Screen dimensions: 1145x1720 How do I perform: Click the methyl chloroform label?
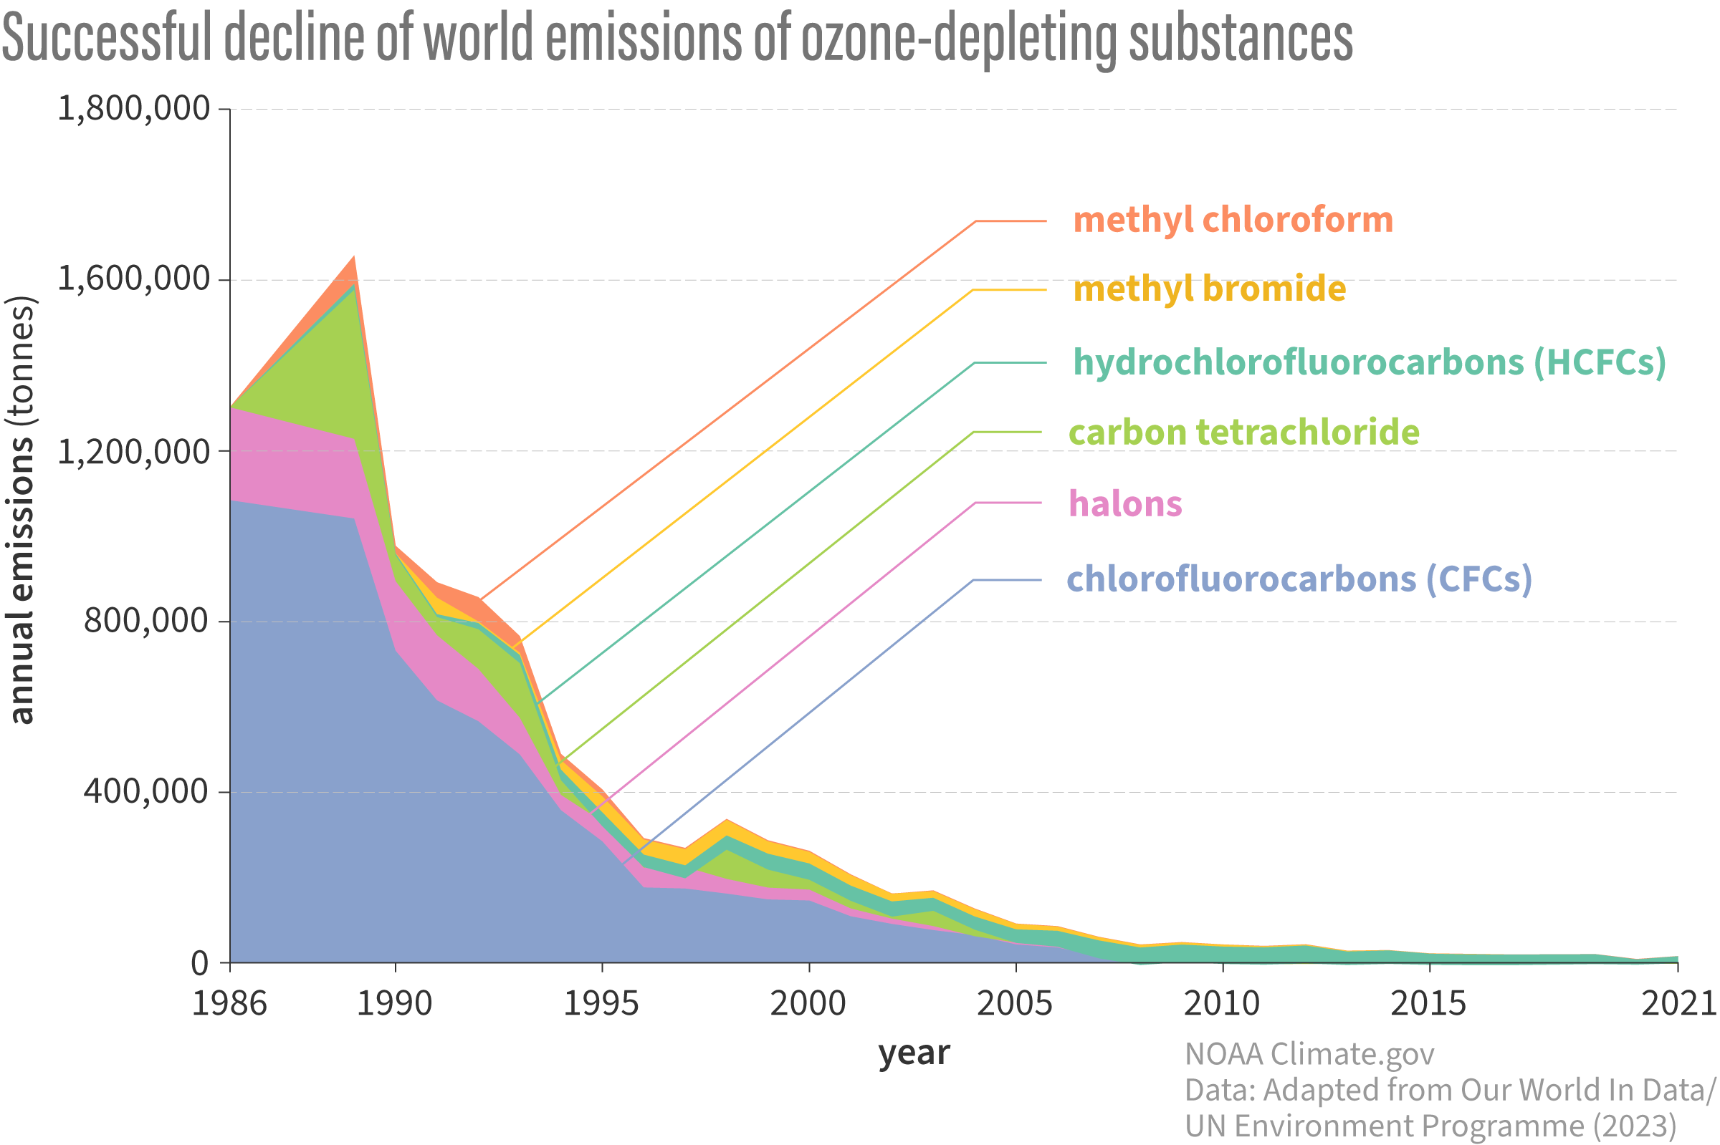tap(1233, 220)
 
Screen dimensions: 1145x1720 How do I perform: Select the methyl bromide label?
tap(1209, 289)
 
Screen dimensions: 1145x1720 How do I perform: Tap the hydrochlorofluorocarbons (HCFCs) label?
tap(1370, 362)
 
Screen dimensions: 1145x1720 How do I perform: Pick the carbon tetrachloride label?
tap(1243, 433)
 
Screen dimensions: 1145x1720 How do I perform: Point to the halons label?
tap(1124, 504)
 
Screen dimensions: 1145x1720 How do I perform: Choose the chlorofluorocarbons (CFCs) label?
tap(1299, 579)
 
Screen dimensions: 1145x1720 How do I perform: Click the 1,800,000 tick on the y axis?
tap(134, 109)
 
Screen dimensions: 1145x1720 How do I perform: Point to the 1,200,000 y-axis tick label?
tap(134, 452)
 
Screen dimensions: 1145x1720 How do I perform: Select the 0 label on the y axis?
tap(199, 964)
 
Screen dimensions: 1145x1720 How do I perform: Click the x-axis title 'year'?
tap(913, 1052)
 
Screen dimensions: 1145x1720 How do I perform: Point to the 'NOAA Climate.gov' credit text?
tap(1309, 1055)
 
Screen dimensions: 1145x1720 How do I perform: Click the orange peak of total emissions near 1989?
tap(353, 264)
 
